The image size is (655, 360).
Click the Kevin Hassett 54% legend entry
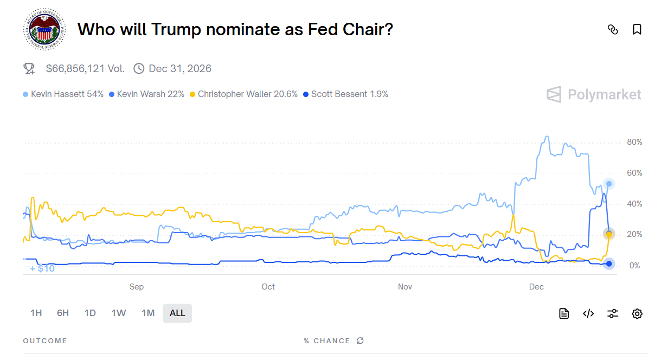click(63, 94)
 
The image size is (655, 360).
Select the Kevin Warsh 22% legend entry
click(147, 94)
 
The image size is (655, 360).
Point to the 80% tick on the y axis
click(634, 142)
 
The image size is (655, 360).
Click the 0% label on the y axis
click(634, 266)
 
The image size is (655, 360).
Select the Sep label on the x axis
click(137, 287)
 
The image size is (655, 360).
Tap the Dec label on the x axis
click(536, 287)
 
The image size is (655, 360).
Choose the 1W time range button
click(119, 313)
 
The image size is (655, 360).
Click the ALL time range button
click(177, 313)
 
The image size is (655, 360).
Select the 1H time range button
click(36, 313)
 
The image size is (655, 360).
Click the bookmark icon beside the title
click(637, 29)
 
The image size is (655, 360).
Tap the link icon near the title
click(613, 29)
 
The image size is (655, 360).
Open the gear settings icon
click(637, 313)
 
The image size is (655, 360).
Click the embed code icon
click(588, 313)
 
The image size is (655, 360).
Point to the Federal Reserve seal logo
click(44, 29)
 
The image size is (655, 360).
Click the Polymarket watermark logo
click(594, 94)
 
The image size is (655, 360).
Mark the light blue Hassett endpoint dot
click(609, 184)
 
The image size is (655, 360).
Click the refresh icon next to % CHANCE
click(360, 340)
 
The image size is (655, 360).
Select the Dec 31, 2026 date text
click(180, 68)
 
